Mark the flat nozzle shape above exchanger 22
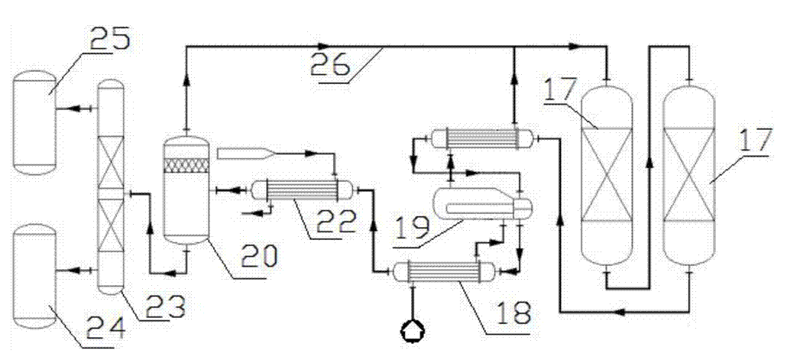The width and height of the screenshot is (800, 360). (245, 154)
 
